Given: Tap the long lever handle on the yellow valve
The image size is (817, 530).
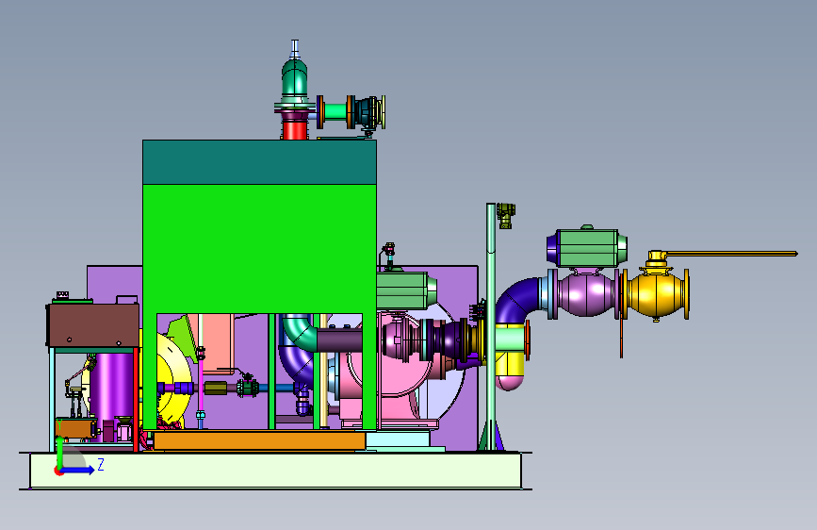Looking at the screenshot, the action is pyautogui.click(x=729, y=254).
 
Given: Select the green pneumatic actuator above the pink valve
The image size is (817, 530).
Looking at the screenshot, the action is pyautogui.click(x=587, y=248).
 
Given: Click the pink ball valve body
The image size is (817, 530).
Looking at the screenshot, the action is pyautogui.click(x=586, y=293).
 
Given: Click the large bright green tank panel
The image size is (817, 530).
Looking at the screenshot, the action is pyautogui.click(x=259, y=248).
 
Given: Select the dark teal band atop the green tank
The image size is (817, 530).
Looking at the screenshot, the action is pyautogui.click(x=259, y=162).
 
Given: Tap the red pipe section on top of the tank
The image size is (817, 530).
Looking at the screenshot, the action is pyautogui.click(x=294, y=129).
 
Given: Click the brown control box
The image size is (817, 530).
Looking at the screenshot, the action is pyautogui.click(x=93, y=325).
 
